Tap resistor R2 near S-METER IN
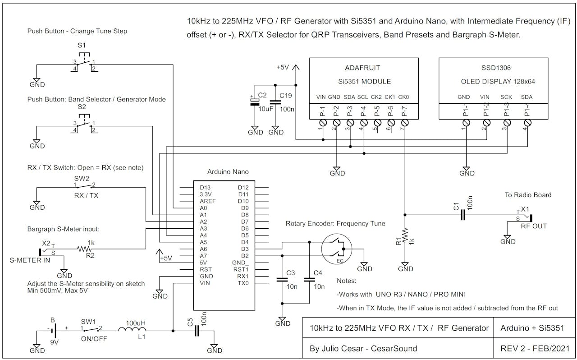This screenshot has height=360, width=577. [83, 249]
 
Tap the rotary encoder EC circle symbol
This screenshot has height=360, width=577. [336, 249]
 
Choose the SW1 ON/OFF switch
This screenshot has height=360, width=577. [92, 330]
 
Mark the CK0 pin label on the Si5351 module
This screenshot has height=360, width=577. [404, 97]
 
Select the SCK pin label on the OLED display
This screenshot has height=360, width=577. [506, 97]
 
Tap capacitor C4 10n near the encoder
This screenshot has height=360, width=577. [309, 279]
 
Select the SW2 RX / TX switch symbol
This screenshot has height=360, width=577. [85, 186]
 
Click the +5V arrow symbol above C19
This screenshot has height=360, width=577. [296, 69]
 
